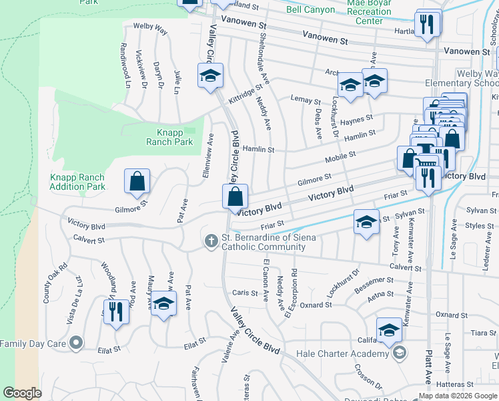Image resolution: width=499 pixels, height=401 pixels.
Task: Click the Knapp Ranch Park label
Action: pos(169,137)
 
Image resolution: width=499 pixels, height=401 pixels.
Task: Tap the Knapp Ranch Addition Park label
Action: pos(77,182)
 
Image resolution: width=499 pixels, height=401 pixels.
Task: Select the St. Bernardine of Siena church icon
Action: pos(211,241)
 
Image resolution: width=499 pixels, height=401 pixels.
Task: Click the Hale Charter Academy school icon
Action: pos(399,354)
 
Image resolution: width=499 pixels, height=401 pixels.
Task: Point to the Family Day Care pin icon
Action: pos(77,344)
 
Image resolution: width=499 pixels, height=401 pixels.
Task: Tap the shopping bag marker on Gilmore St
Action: pos(137,182)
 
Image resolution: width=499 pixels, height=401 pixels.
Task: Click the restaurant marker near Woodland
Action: pos(117,311)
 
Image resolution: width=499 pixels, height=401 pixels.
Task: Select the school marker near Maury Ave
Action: pos(163,304)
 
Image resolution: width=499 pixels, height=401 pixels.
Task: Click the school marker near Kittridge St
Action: pos(210,76)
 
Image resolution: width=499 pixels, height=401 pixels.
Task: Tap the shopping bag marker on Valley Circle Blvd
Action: pos(235,197)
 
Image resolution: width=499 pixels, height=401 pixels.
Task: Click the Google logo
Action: pos(22,393)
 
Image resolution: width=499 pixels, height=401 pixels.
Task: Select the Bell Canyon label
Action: pos(308,10)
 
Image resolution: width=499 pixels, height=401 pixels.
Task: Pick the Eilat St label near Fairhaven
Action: pos(198,346)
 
